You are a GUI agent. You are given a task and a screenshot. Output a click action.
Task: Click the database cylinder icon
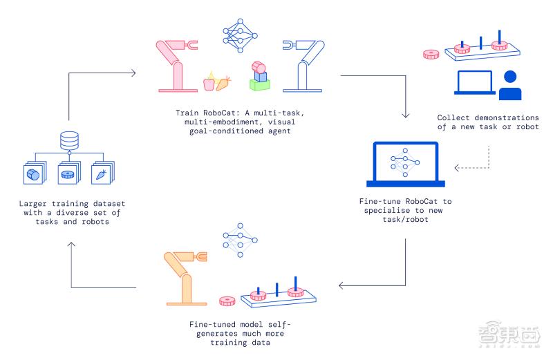click(68, 141)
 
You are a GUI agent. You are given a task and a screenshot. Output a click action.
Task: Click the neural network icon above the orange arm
click(239, 241)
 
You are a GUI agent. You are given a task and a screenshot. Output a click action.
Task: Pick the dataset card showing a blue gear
click(68, 174)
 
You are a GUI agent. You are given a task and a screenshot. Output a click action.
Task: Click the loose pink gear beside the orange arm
click(227, 301)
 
